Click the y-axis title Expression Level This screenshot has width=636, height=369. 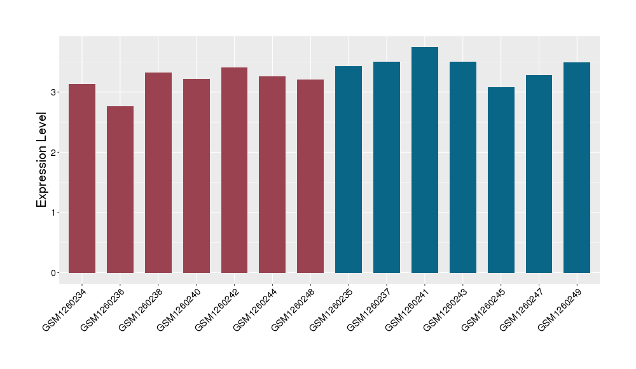[x=42, y=160]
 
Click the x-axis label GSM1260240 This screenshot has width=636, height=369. [x=179, y=309]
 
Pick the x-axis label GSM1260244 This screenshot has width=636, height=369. [x=255, y=309]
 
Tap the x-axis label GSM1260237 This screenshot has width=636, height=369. [x=370, y=309]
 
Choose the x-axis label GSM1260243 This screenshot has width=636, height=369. [x=445, y=309]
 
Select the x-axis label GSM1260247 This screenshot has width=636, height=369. [x=522, y=309]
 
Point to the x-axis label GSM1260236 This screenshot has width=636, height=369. [x=102, y=309]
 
